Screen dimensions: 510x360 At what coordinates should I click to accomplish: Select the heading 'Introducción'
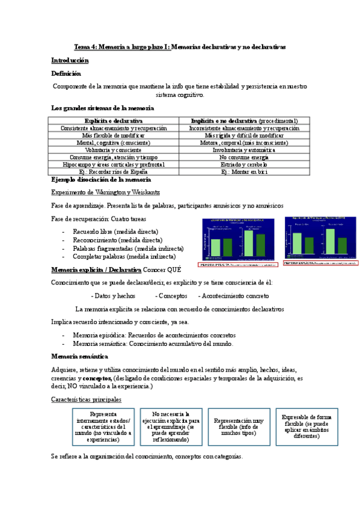(70, 60)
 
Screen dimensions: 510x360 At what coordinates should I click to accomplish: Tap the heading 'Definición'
(66, 73)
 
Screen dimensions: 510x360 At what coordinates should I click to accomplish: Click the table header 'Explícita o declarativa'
(114, 121)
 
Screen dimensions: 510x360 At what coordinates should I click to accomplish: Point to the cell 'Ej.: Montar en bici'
(244, 171)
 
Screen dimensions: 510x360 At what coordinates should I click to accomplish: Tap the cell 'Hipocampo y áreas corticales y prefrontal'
(114, 164)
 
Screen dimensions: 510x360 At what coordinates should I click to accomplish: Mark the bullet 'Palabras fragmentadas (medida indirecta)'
(128, 248)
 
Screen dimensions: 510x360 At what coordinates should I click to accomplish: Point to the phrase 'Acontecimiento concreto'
(235, 296)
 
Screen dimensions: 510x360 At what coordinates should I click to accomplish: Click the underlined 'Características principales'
(86, 399)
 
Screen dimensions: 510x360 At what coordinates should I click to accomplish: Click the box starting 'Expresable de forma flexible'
(307, 426)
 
